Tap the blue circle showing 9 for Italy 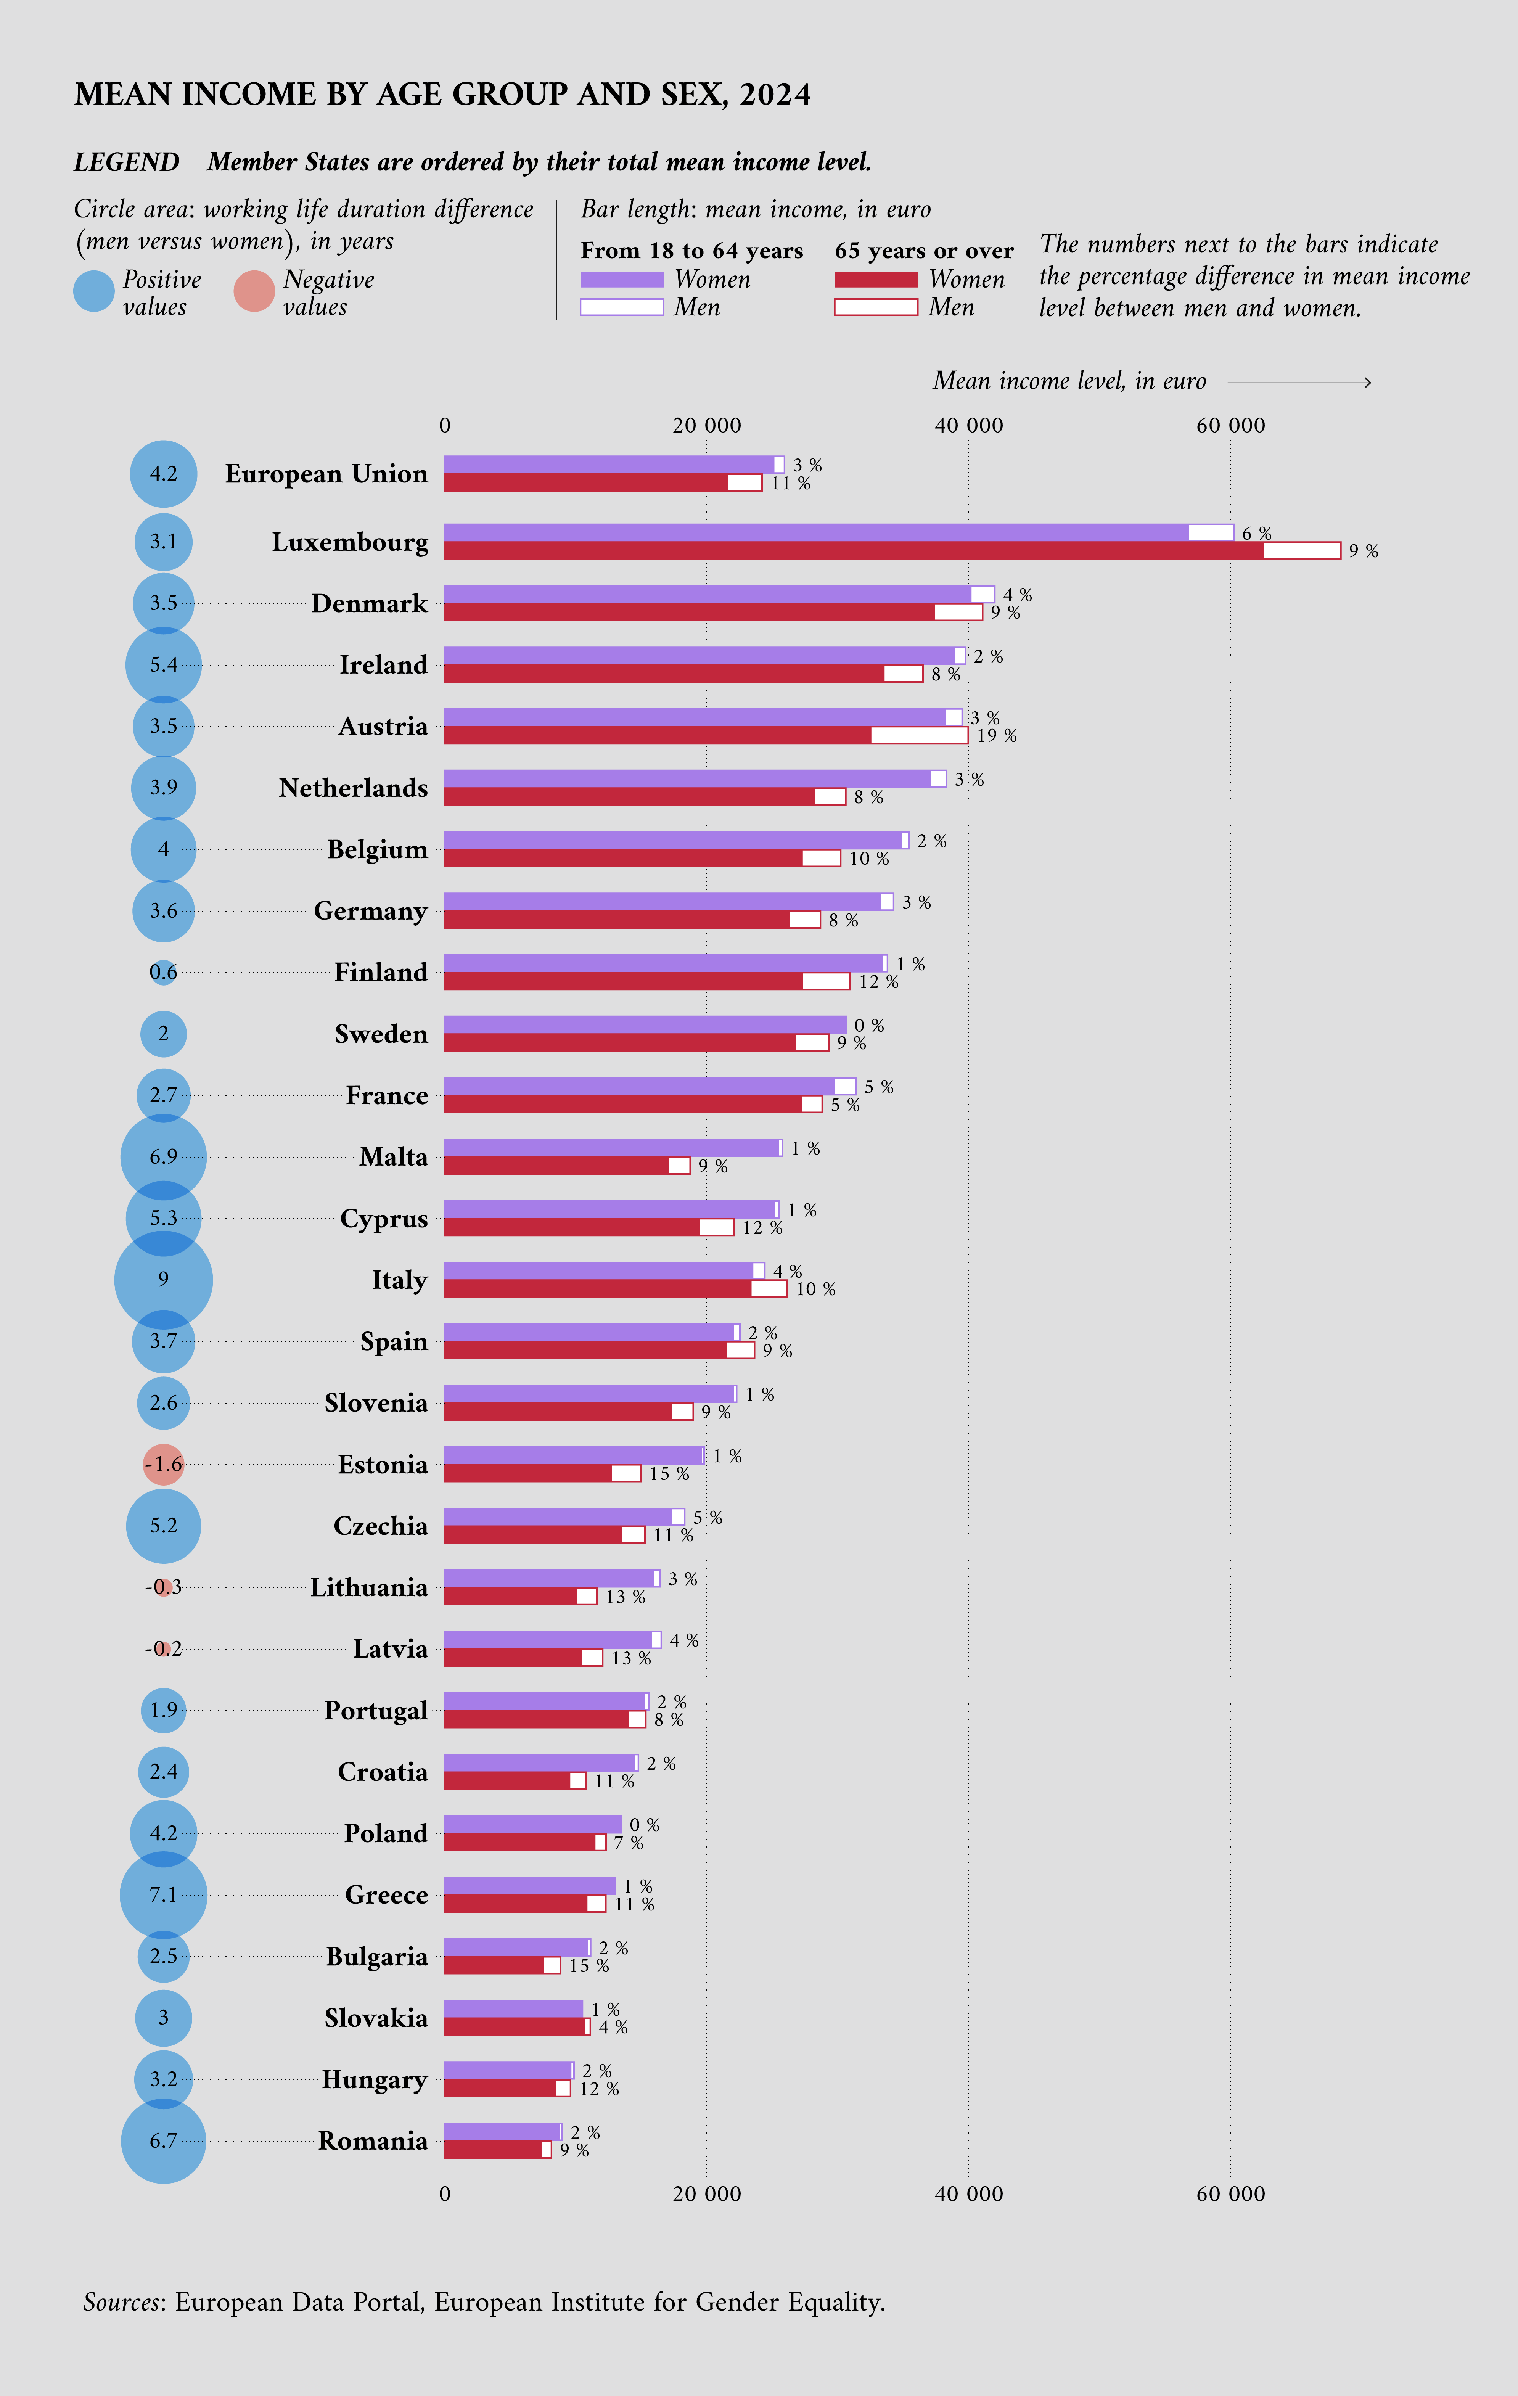pos(163,1280)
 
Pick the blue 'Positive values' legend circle pos(95,291)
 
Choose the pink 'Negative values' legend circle pos(254,291)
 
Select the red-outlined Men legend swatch pos(875,307)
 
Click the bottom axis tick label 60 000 pos(1230,2194)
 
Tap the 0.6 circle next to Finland pos(163,972)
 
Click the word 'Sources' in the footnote pos(122,2303)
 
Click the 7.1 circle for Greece pos(163,1894)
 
